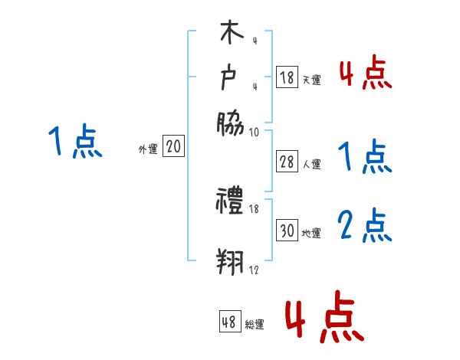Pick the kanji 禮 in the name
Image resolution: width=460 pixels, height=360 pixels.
(230, 202)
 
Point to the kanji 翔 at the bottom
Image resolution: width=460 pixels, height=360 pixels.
(230, 261)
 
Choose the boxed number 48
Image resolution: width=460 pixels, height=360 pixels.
(229, 322)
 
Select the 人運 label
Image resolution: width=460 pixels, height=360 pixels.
(311, 164)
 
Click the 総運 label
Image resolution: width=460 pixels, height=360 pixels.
(255, 325)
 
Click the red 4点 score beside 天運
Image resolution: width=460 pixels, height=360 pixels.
(365, 74)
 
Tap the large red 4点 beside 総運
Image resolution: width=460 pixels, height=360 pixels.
(324, 317)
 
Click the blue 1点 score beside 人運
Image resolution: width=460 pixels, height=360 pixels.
(365, 158)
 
